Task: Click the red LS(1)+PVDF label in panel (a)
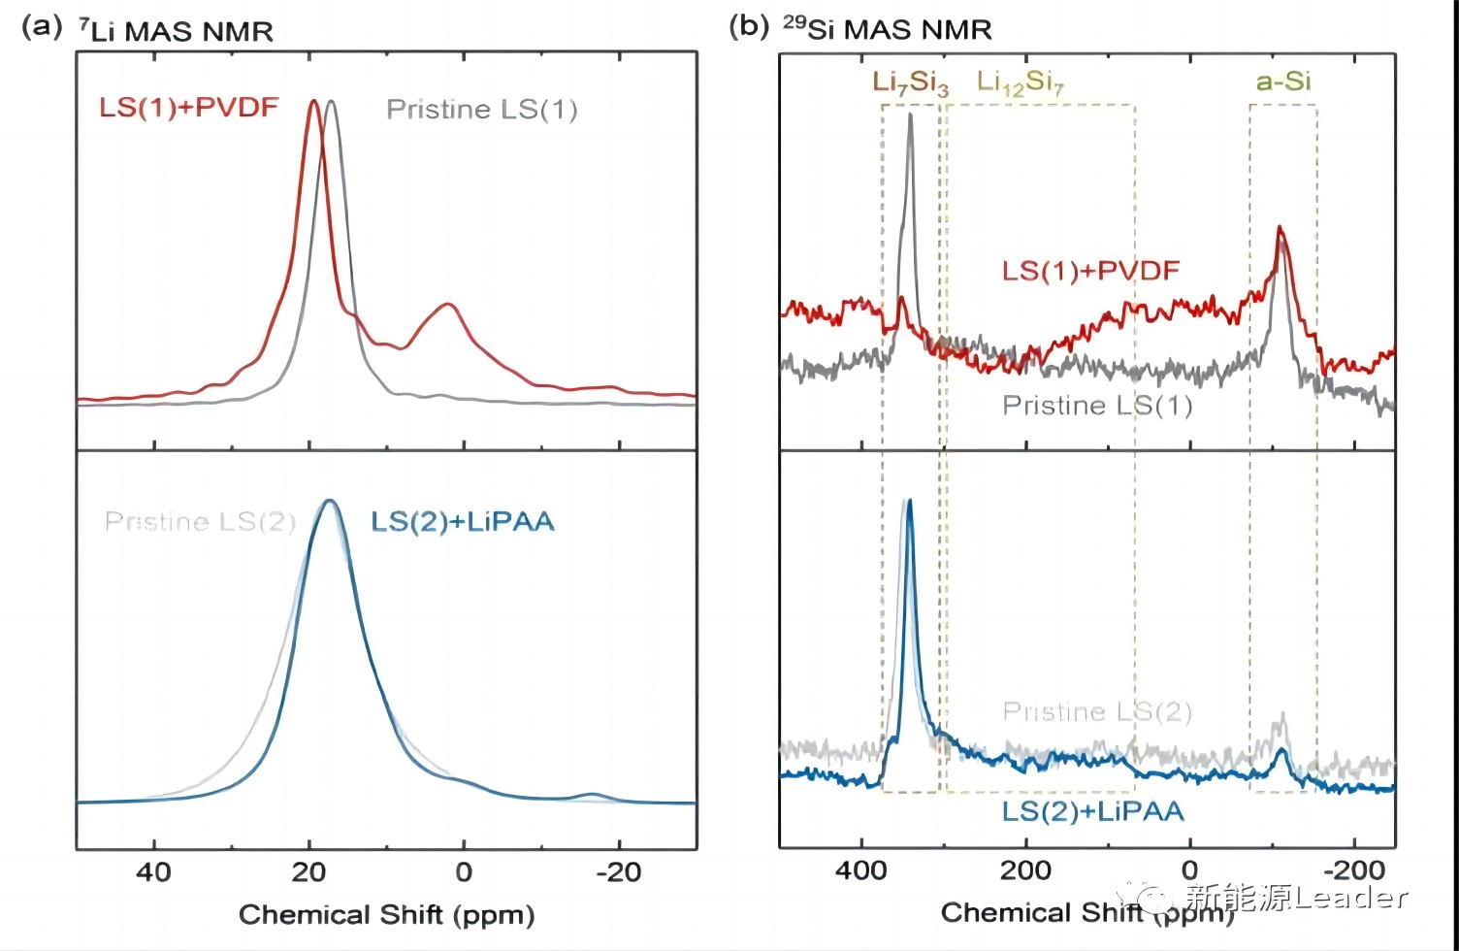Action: [x=189, y=107]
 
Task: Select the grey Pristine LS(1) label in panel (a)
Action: [x=481, y=109]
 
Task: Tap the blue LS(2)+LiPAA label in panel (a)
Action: [x=463, y=521]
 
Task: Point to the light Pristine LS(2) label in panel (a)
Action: [x=200, y=521]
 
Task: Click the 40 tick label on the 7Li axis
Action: [x=153, y=871]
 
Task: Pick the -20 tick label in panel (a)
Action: [x=617, y=871]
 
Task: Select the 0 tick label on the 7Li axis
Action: [x=464, y=871]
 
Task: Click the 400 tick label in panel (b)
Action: [x=861, y=869]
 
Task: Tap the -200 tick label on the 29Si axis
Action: [x=1352, y=869]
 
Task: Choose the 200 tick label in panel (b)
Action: [x=1025, y=869]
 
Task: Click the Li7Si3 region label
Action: [x=910, y=82]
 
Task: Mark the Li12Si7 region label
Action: [x=1020, y=82]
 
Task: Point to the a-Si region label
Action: [x=1283, y=82]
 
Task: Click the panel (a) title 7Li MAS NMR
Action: [x=176, y=31]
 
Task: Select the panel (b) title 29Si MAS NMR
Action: [x=887, y=29]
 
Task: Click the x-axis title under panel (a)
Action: [x=386, y=914]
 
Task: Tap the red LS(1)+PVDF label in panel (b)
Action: [x=1090, y=270]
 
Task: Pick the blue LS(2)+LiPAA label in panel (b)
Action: [x=1092, y=810]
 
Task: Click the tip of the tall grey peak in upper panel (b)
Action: [x=910, y=115]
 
